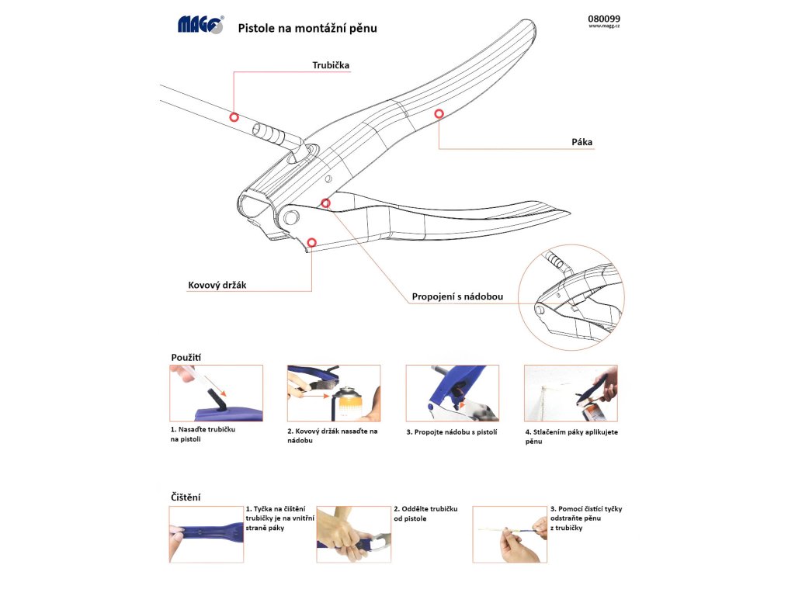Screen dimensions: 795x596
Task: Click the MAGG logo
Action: click(x=200, y=25)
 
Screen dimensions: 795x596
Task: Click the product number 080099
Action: click(x=605, y=19)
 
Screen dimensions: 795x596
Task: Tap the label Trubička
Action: click(x=331, y=66)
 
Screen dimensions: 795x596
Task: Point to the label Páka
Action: click(x=581, y=142)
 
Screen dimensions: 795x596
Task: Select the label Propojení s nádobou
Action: click(x=458, y=296)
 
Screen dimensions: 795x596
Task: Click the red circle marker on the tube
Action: click(x=234, y=116)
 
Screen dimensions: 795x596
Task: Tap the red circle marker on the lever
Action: click(x=439, y=114)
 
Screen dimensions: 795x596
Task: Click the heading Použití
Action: click(x=187, y=357)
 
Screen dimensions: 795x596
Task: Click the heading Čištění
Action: click(x=186, y=496)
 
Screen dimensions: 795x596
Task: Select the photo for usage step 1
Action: click(x=216, y=393)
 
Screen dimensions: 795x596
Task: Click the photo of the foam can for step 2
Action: click(x=334, y=393)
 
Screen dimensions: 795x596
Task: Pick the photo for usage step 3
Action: click(x=452, y=393)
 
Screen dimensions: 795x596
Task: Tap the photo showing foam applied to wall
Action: click(x=571, y=393)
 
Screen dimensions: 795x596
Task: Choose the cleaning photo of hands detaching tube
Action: click(x=353, y=534)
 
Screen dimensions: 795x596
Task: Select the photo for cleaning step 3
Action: click(x=509, y=534)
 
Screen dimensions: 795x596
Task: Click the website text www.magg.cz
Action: click(x=604, y=26)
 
